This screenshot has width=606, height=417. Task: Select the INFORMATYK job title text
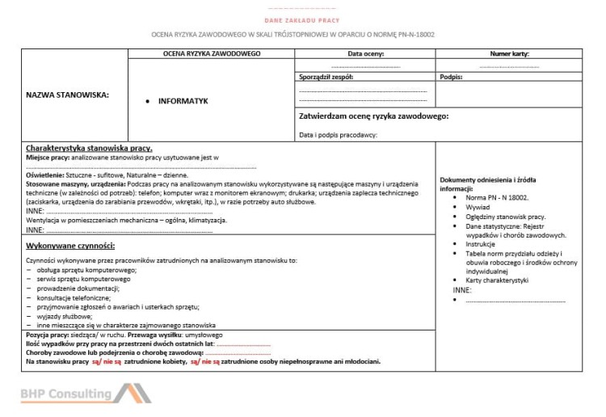183,101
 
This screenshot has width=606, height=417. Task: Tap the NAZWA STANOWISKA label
69,95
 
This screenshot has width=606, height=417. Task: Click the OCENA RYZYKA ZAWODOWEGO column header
211,53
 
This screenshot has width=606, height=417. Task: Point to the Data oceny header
365,53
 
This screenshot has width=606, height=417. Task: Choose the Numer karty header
509,53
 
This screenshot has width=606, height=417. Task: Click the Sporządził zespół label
326,77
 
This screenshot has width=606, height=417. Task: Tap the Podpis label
451,77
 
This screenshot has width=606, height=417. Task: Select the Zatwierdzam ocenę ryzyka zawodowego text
373,116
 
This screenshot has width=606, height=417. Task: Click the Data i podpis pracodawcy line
338,135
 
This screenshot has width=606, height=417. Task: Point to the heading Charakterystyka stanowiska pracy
89,149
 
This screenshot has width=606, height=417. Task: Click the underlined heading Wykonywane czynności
70,245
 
